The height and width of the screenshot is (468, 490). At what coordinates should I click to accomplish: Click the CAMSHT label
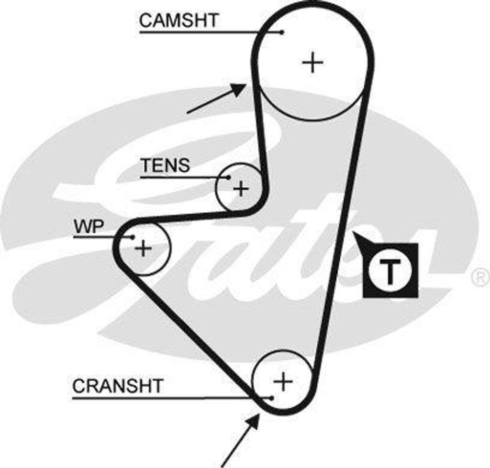point(178,20)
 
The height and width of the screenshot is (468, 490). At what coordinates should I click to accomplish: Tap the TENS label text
point(165,165)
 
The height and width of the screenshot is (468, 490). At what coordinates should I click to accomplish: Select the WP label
point(89,226)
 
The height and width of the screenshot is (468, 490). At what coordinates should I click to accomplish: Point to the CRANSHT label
point(118,386)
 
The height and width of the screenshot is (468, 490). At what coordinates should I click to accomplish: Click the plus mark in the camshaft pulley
point(313,63)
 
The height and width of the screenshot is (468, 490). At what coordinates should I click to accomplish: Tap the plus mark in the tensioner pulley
point(241,189)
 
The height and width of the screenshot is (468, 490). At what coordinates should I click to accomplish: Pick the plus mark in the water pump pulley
point(143,248)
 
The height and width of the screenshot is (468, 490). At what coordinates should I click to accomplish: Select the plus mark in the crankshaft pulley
point(283,381)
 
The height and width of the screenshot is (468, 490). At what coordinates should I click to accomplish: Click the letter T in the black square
point(390,271)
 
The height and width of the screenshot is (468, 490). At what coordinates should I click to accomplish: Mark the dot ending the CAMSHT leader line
point(282,33)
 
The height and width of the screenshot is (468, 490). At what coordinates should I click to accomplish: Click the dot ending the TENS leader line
point(229,178)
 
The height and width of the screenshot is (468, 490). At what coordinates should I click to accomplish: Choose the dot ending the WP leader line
point(133,237)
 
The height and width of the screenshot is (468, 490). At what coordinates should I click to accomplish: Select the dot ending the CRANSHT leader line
point(271,398)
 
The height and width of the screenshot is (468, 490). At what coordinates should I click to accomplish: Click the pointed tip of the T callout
point(354,233)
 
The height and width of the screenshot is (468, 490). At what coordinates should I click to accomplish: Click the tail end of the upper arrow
point(188,113)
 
